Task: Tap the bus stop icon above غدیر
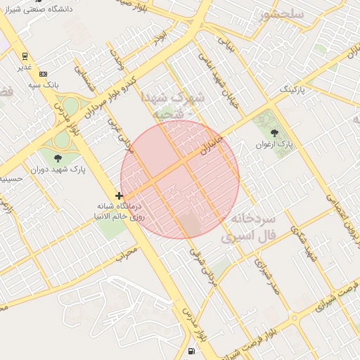pos(25,56)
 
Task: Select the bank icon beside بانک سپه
pos(44,73)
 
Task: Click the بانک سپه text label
pos(41,84)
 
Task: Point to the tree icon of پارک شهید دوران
pos(58,158)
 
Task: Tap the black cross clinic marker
pos(120,195)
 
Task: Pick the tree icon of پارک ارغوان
pos(274,132)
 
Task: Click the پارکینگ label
pos(294,91)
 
